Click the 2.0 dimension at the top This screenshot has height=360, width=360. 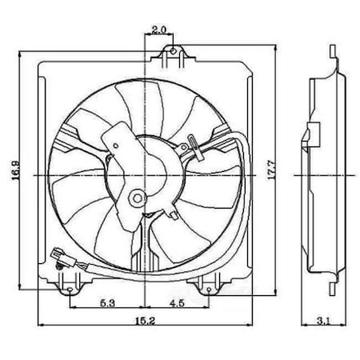click(157, 30)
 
